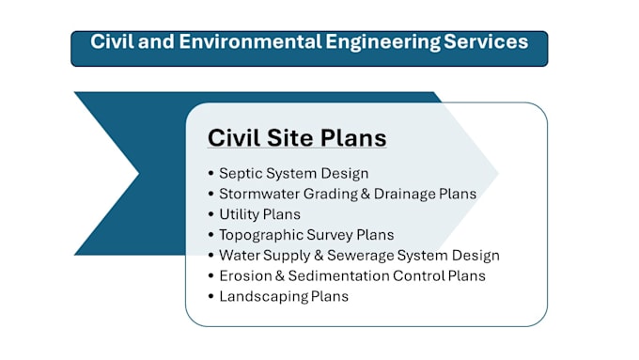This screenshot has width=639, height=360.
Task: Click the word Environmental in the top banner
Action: point(250,41)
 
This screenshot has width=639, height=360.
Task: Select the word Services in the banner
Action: point(486,41)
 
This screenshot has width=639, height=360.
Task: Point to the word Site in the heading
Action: point(289,138)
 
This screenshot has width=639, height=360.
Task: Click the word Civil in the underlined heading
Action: point(234,138)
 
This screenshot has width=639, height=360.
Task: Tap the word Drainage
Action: point(405,195)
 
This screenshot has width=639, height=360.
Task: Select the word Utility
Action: point(240,215)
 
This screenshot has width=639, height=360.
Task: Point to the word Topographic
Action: point(261,235)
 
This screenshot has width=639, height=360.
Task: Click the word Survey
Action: point(329,235)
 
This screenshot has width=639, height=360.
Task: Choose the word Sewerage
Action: point(360,256)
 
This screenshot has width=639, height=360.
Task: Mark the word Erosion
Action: point(245,276)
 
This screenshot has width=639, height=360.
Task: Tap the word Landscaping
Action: point(263,297)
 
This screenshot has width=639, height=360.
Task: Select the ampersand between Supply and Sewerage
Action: point(319,256)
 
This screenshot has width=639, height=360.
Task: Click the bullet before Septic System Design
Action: point(210,173)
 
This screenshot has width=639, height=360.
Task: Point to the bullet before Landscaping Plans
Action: point(210,296)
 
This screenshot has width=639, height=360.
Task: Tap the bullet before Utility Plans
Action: point(210,214)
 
